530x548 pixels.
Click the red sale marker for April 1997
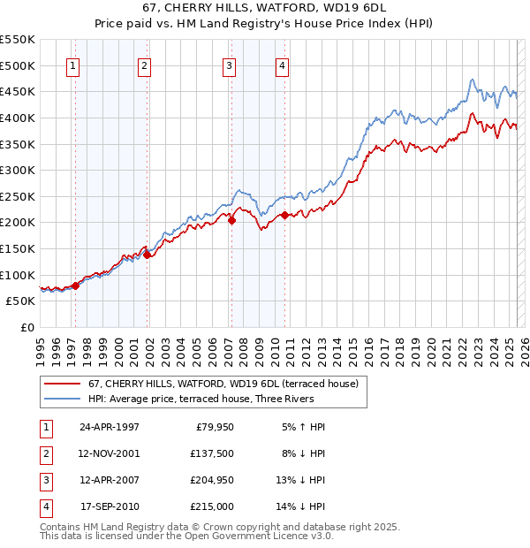click(76, 285)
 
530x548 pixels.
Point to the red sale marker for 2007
click(231, 221)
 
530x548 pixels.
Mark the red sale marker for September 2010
click(285, 215)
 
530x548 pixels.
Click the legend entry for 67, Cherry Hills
click(223, 384)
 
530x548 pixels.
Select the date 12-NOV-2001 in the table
click(110, 453)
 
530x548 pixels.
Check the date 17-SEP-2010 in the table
click(110, 506)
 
